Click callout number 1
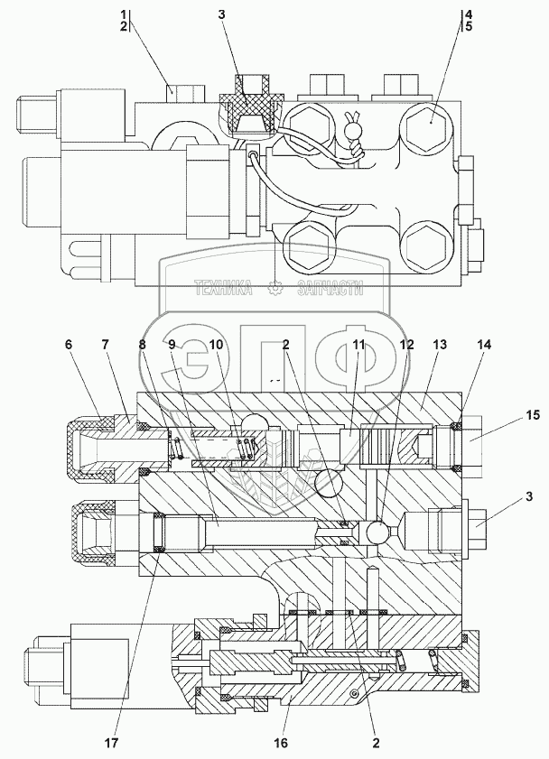[x=123, y=14]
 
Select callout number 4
[x=468, y=14]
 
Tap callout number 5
[x=468, y=27]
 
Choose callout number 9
[x=171, y=344]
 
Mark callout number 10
[x=217, y=344]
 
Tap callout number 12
[x=406, y=344]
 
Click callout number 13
[x=440, y=344]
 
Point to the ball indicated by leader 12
[x=377, y=532]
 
